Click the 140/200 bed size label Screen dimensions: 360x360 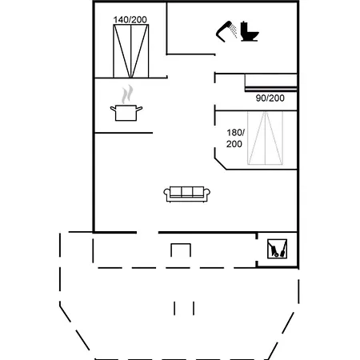click(x=130, y=19)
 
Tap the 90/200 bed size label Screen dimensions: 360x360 click(x=270, y=98)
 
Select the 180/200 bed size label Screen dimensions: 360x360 click(x=235, y=138)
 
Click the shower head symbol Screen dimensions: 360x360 click(x=223, y=32)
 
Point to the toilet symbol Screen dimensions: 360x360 click(x=250, y=31)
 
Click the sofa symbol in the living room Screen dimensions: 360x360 click(x=186, y=194)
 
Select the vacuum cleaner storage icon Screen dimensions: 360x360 click(x=278, y=249)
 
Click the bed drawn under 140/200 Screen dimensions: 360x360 click(x=131, y=51)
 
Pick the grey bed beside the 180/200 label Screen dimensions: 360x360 click(x=265, y=138)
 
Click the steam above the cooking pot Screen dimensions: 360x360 click(x=127, y=94)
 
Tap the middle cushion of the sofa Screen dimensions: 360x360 click(x=186, y=192)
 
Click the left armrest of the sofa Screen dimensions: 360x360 click(x=166, y=194)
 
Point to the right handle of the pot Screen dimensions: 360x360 click(x=139, y=108)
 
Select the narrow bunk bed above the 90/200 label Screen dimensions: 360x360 click(x=271, y=82)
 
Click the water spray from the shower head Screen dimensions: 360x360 click(x=234, y=30)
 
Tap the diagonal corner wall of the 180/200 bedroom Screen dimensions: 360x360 click(x=221, y=164)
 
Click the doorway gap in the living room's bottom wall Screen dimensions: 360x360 click(x=147, y=233)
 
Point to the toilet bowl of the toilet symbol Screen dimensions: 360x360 click(x=253, y=34)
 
